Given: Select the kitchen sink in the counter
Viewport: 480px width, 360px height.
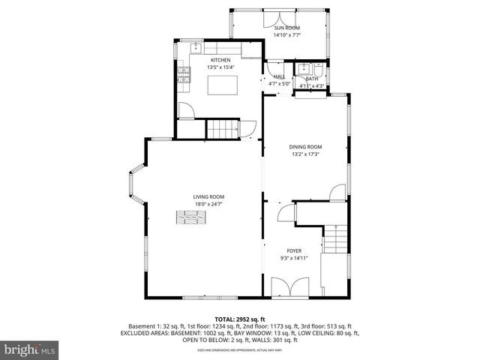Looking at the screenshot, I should coord(196,49).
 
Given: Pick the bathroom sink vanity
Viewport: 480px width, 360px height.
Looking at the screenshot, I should coord(304,69).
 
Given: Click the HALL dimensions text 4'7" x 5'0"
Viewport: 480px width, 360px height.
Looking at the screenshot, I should coord(279,84).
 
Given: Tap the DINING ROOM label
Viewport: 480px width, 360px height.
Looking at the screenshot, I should coord(305,147).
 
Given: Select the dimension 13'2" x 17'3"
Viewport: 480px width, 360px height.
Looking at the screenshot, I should coord(305,154).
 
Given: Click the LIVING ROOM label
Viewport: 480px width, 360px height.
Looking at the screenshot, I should coord(209,196).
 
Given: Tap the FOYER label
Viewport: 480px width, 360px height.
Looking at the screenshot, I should coord(295,250).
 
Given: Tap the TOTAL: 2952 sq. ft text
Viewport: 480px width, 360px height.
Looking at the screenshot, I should coord(240,319).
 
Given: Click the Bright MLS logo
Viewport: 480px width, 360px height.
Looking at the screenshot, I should coord(28,349).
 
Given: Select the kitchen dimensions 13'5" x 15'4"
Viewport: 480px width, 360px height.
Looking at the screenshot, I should coord(220,67).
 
